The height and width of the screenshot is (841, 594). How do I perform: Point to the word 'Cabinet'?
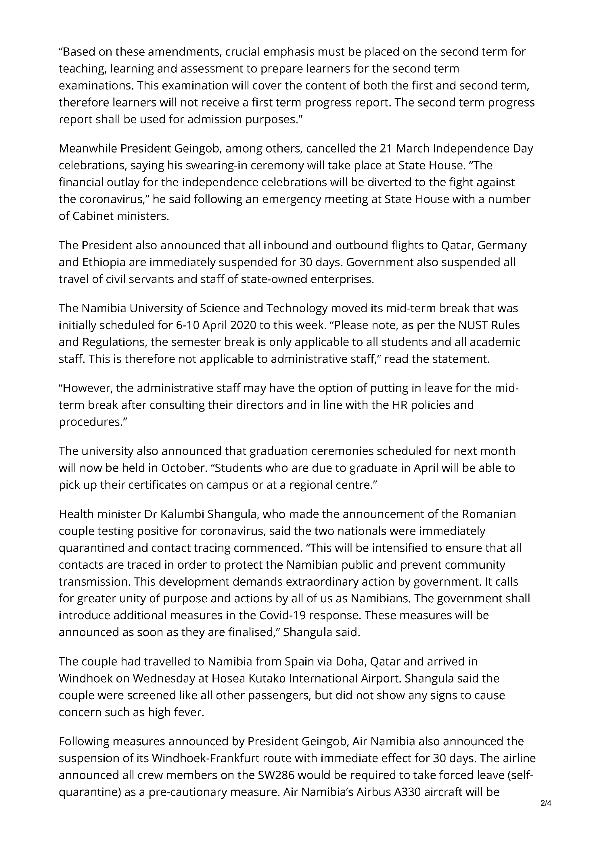pyautogui.click(x=93, y=216)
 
